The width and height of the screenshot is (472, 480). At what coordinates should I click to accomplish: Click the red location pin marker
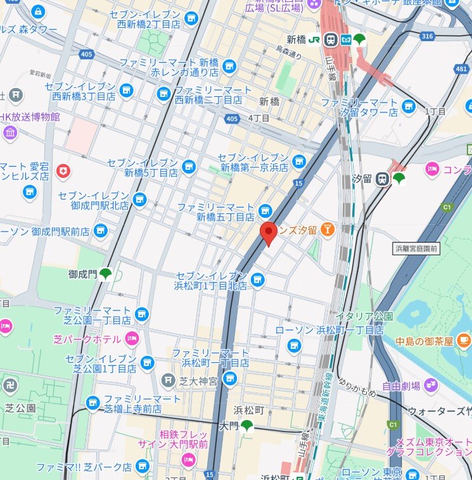tap(268, 234)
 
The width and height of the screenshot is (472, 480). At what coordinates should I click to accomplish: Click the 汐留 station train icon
tap(382, 179)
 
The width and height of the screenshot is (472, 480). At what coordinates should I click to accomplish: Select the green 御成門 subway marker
tap(105, 274)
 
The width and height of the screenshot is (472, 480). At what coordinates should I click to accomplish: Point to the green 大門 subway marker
tap(246, 426)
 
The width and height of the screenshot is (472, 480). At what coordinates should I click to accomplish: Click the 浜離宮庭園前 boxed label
tap(416, 248)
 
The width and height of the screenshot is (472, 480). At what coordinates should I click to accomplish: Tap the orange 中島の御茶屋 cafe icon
tap(464, 340)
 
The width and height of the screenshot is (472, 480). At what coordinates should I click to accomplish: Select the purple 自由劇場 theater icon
tap(431, 384)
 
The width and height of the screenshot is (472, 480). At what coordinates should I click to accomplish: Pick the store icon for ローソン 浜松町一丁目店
tap(293, 344)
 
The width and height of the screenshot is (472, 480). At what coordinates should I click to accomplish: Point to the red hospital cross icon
tap(63, 170)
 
